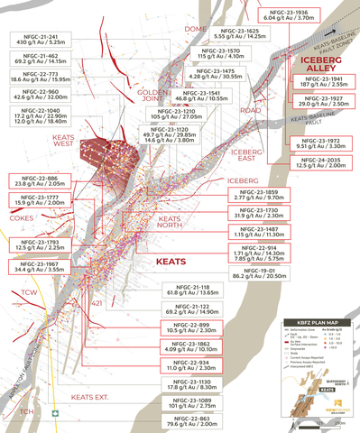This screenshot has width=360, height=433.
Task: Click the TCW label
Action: (31, 294)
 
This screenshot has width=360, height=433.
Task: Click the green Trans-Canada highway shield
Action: (56, 390)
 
